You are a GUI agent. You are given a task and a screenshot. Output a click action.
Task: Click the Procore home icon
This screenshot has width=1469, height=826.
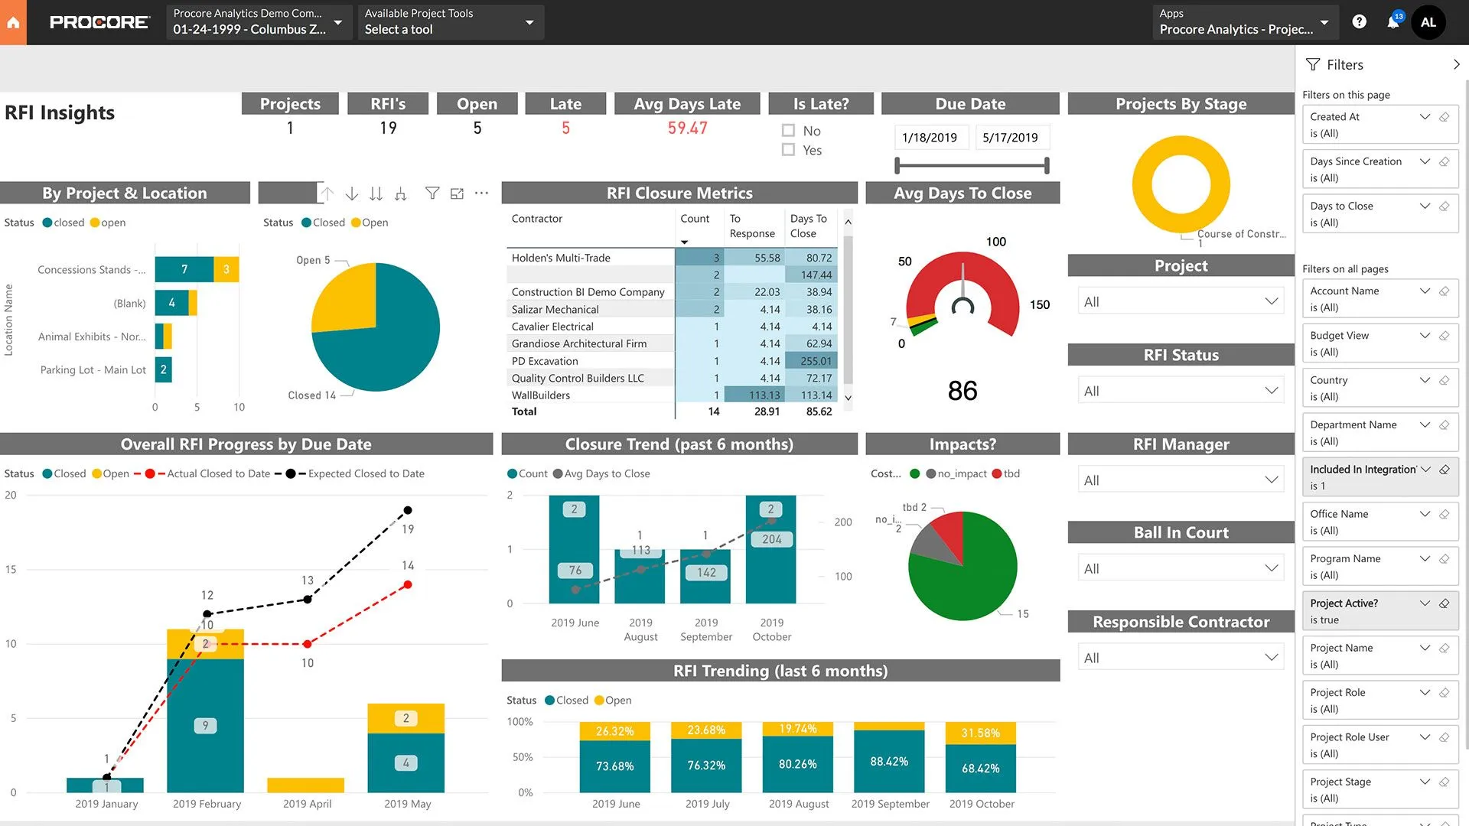pos(13,22)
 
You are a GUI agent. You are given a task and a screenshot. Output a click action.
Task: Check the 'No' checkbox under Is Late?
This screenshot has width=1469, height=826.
pos(788,131)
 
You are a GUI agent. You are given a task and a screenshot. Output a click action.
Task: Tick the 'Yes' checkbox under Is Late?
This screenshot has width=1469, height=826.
pos(788,150)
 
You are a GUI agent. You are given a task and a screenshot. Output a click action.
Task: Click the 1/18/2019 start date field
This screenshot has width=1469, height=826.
pos(929,138)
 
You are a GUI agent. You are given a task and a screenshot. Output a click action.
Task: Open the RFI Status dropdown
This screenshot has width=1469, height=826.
pos(1181,391)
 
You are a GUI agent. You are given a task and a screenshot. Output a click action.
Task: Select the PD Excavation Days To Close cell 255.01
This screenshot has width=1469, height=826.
pos(816,361)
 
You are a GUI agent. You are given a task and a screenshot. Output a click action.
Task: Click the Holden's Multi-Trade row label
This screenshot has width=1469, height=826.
pos(561,258)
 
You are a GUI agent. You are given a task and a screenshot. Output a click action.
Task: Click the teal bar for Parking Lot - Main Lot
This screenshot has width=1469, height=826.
pos(163,369)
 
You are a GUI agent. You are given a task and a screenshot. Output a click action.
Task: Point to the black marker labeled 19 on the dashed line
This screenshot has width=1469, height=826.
pos(408,510)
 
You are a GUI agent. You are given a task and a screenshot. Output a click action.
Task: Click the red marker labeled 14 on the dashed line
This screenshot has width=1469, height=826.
pos(408,584)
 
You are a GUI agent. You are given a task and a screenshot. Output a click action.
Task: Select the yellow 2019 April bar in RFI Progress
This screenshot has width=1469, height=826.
pos(306,785)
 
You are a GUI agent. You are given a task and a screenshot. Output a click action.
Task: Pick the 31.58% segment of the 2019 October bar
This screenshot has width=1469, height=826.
pos(980,733)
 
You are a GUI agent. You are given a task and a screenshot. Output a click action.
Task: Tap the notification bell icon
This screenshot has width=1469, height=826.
pos(1392,22)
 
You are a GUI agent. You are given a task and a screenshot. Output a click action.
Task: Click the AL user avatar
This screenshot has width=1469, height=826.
pos(1428,22)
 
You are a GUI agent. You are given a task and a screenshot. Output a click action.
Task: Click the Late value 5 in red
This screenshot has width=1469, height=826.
pos(565,128)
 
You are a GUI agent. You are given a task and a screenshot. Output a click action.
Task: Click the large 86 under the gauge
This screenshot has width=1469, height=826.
pos(963,391)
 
